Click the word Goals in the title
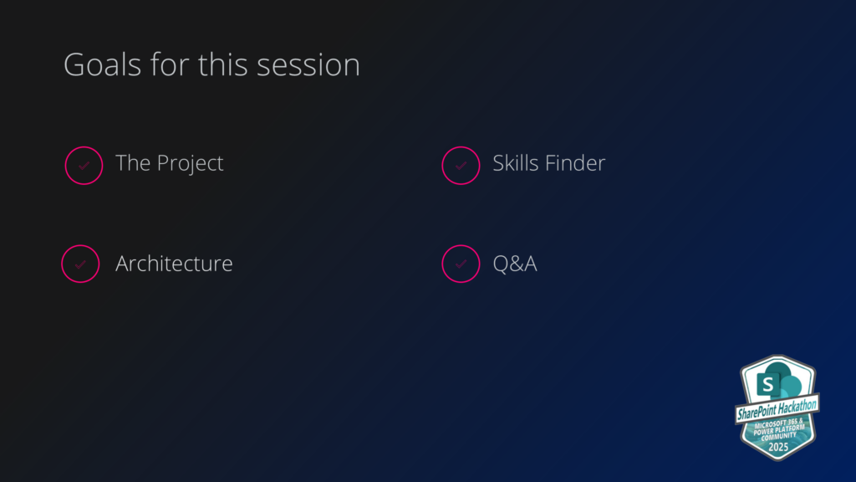point(102,65)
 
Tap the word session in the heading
point(308,65)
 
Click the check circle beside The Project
point(84,146)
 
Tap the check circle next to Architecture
point(80,245)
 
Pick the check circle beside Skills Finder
point(461,146)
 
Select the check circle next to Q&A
point(461,245)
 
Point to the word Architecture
point(174,264)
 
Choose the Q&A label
point(515,264)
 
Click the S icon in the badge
point(768,384)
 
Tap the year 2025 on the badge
point(778,447)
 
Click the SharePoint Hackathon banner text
point(777,408)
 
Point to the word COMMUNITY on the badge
point(778,435)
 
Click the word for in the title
point(170,64)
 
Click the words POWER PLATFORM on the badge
point(779,429)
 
